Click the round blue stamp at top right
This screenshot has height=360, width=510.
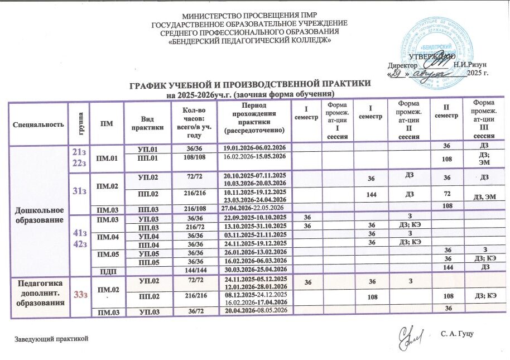click(439, 45)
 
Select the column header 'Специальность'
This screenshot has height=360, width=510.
click(39, 123)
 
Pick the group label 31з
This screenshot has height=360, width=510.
click(79, 191)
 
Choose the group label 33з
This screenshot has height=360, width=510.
click(78, 295)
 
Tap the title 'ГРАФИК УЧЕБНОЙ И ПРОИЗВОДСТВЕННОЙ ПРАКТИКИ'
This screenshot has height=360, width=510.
click(249, 84)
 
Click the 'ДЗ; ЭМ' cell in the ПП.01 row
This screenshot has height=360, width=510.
click(484, 158)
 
